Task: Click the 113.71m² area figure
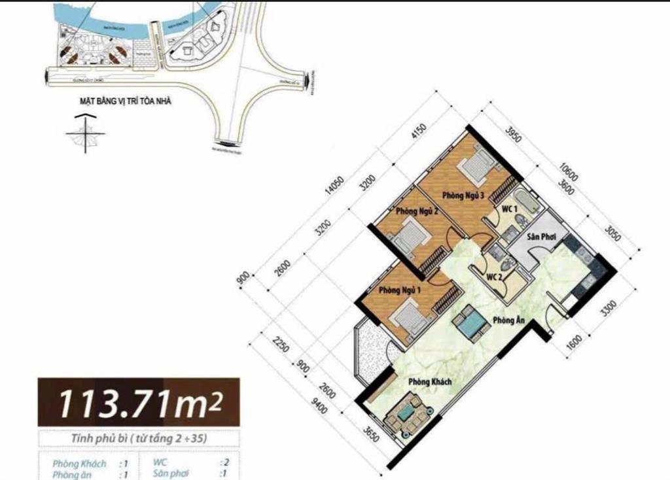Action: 139,403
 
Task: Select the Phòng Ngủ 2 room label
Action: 417,211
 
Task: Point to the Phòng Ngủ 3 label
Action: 462,195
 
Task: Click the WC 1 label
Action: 510,209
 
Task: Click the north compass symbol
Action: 85,133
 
